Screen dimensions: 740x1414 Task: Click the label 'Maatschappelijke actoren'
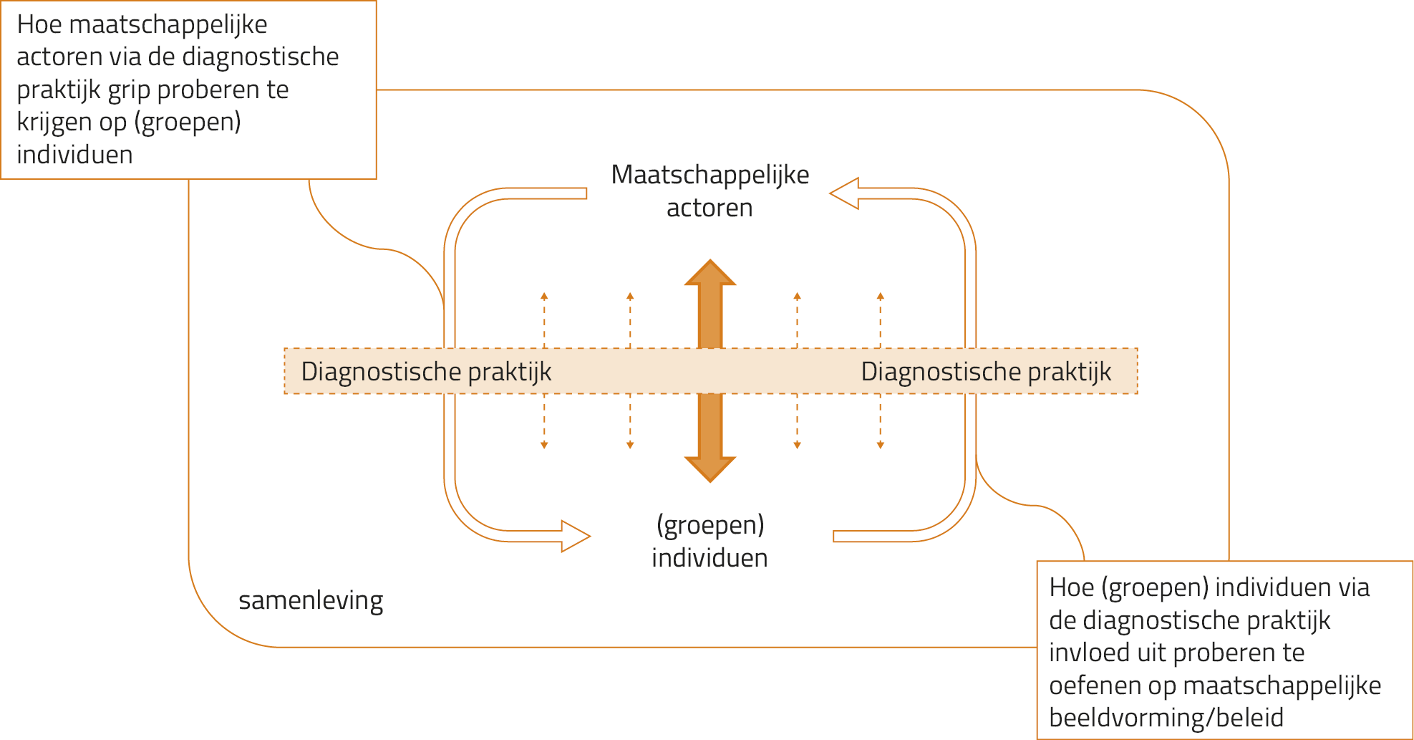(x=710, y=191)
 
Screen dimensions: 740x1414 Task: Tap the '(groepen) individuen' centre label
(x=710, y=541)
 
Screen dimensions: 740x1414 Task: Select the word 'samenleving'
(x=311, y=600)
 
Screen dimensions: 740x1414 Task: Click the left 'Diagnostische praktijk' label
(x=426, y=372)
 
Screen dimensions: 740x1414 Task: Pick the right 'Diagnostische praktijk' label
(x=986, y=372)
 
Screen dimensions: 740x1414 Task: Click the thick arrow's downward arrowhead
(x=710, y=468)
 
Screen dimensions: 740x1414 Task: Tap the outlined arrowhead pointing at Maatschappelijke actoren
(x=845, y=193)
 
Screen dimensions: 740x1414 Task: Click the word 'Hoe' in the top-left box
(x=39, y=24)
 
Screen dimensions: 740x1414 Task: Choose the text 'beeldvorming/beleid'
(x=1166, y=718)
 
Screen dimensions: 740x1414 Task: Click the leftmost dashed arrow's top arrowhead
(x=544, y=297)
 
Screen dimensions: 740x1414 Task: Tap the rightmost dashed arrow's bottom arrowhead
(x=881, y=445)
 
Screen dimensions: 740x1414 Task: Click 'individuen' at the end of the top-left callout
(x=74, y=155)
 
